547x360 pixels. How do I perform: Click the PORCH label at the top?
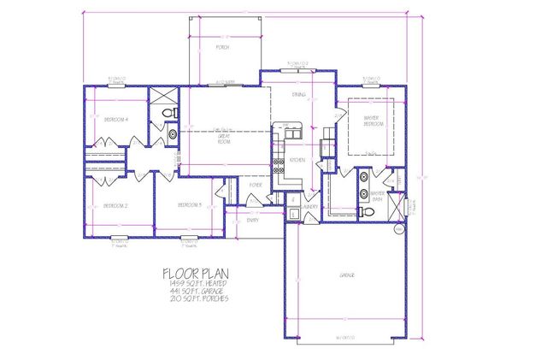pyautogui.click(x=222, y=48)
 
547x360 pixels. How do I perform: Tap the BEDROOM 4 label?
pyautogui.click(x=115, y=120)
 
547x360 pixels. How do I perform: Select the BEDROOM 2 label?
pyautogui.click(x=115, y=206)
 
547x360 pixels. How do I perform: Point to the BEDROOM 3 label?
pyautogui.click(x=188, y=205)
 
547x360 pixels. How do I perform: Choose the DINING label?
pyautogui.click(x=299, y=96)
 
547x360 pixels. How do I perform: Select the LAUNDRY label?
pyautogui.click(x=309, y=206)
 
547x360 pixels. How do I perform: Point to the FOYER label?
pyautogui.click(x=255, y=185)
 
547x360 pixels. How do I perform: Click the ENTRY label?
pyautogui.click(x=252, y=220)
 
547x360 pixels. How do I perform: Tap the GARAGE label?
pyautogui.click(x=346, y=274)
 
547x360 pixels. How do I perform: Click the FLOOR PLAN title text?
pyautogui.click(x=196, y=274)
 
